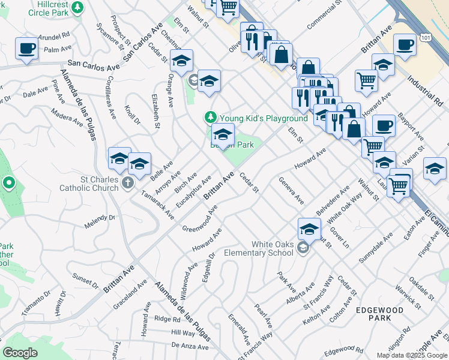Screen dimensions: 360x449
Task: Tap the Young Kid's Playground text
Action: point(264,118)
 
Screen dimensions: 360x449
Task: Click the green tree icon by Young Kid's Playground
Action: point(210,116)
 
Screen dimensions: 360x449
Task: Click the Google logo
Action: point(20,352)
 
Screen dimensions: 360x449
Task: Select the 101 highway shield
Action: point(426,37)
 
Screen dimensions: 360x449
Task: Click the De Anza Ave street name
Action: point(190,346)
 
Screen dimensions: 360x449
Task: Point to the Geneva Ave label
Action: point(291,191)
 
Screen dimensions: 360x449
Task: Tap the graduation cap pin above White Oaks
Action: point(309,229)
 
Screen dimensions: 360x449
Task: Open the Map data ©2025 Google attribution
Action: point(411,355)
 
